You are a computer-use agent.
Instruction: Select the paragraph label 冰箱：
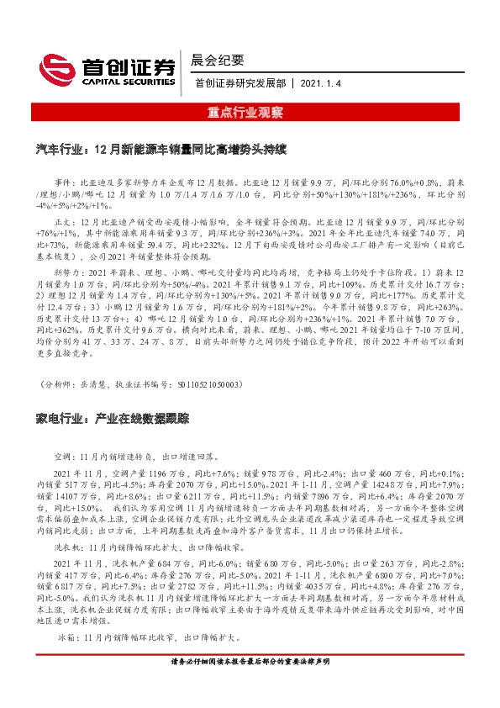click(x=65, y=640)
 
